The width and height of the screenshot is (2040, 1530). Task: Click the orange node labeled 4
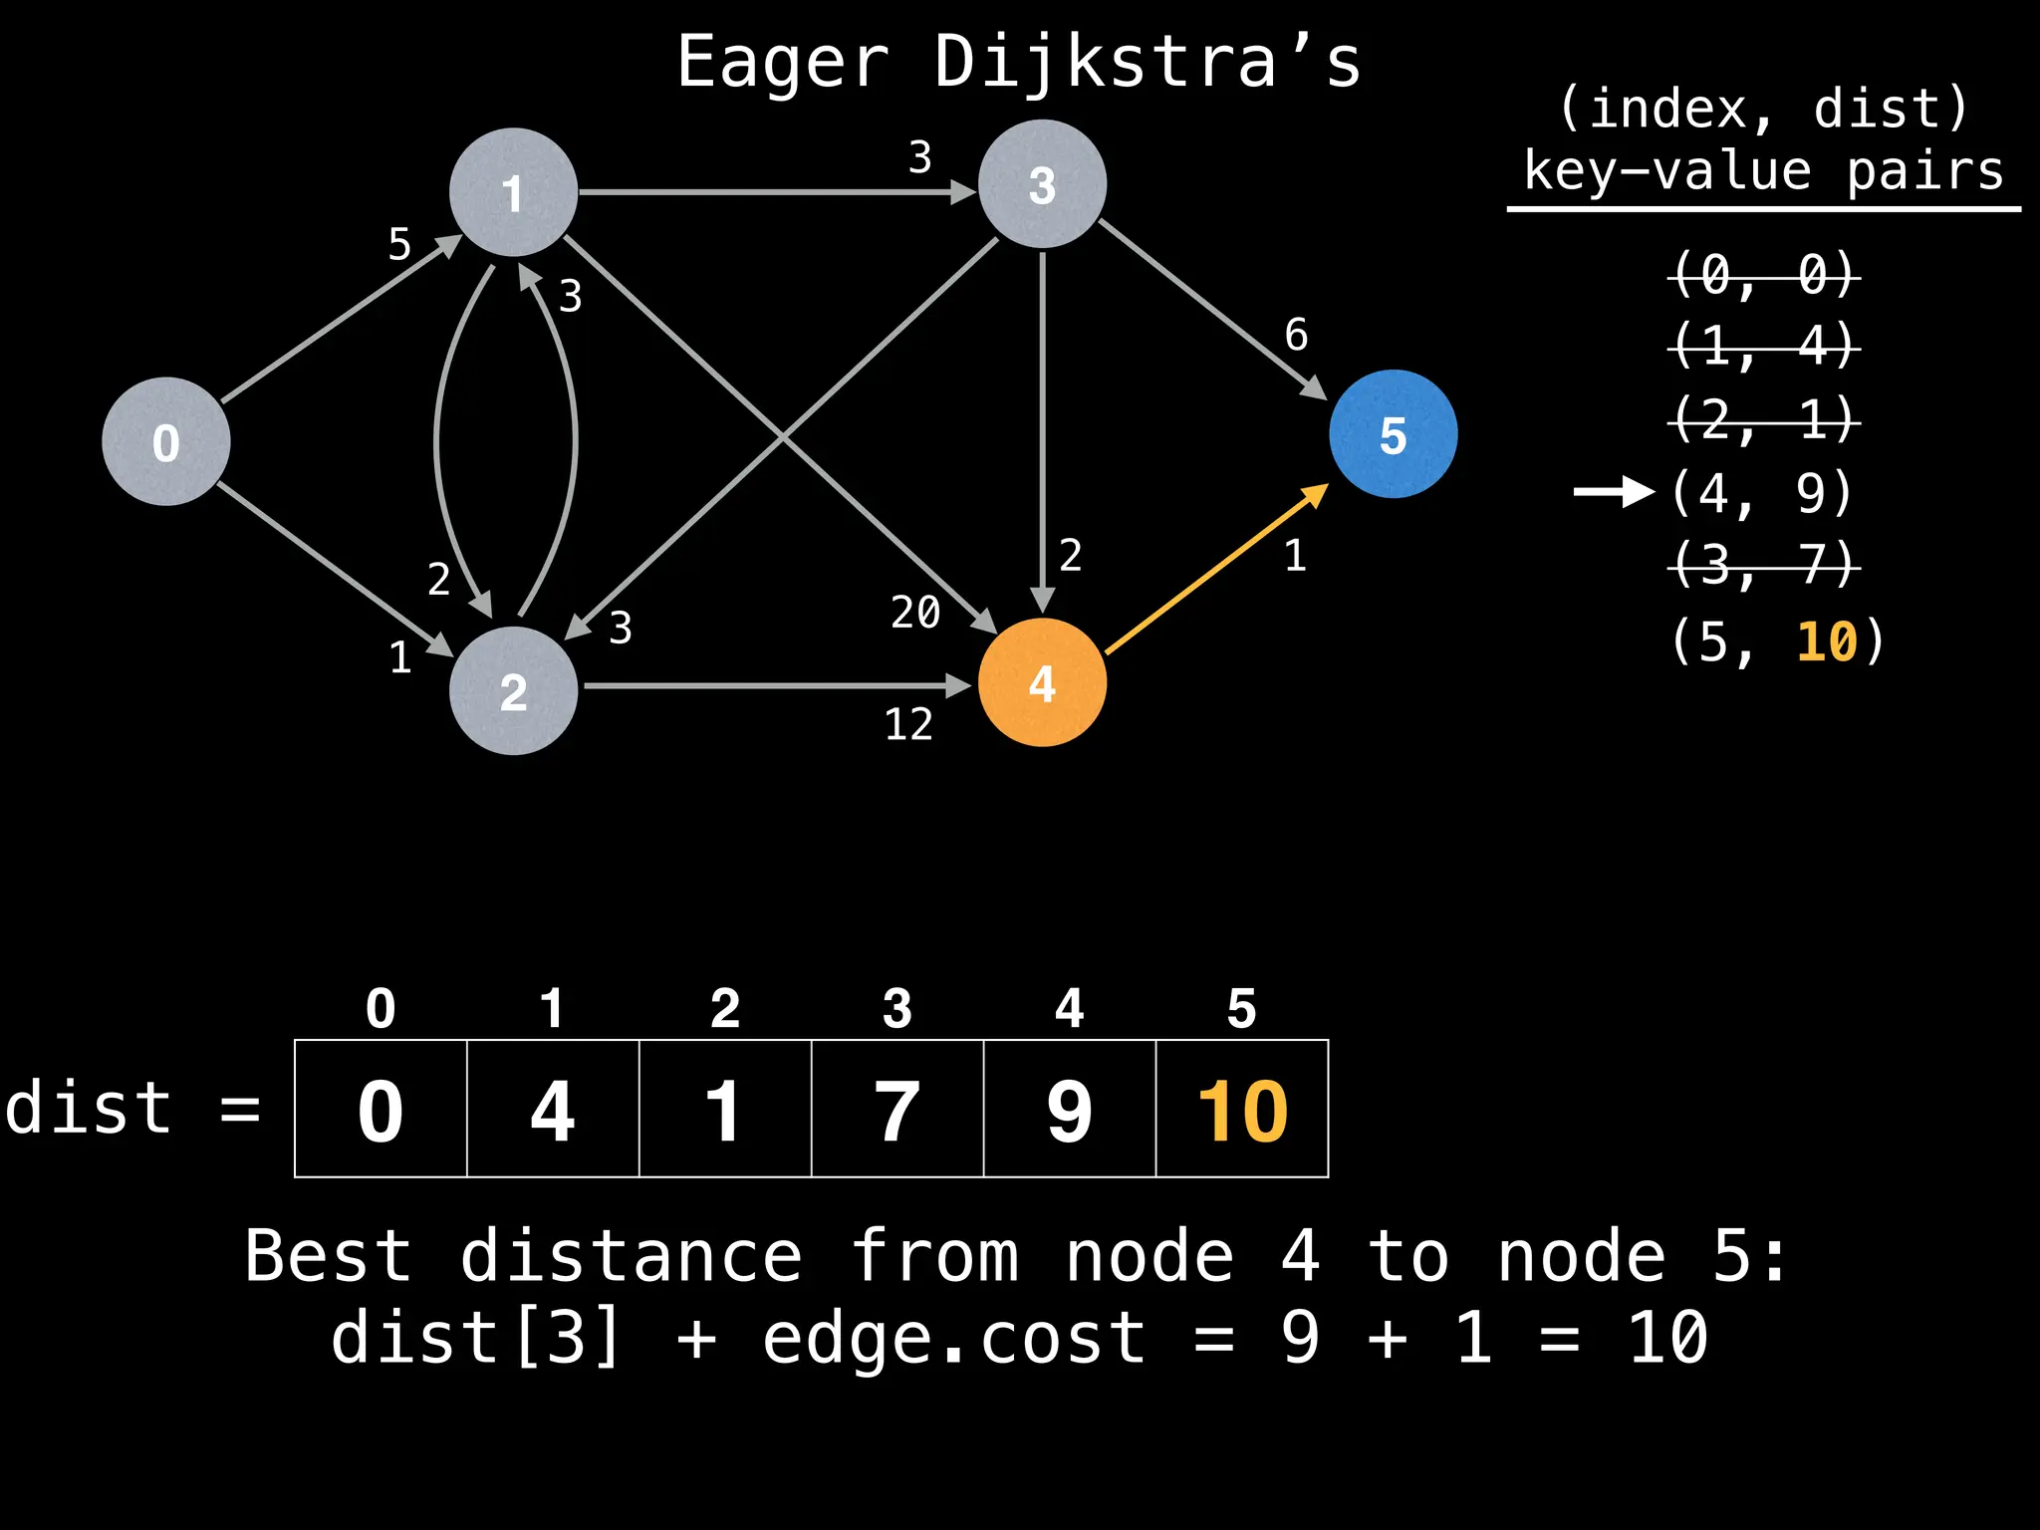click(x=1042, y=683)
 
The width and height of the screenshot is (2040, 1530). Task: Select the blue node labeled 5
click(x=1393, y=434)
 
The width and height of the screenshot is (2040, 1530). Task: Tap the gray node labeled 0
click(x=166, y=441)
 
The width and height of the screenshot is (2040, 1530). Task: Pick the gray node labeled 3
click(x=1042, y=184)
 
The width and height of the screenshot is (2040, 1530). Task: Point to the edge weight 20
click(x=915, y=612)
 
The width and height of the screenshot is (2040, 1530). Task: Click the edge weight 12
click(x=908, y=724)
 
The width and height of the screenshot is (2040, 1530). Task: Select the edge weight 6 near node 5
click(x=1296, y=335)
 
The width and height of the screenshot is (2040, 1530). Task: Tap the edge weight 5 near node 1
click(x=399, y=244)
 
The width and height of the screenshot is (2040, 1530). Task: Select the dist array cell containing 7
click(x=897, y=1109)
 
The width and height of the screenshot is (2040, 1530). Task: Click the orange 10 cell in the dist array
click(x=1242, y=1109)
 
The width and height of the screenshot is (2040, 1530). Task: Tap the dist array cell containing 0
click(x=381, y=1109)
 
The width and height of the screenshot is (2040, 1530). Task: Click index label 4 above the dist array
click(x=1069, y=1008)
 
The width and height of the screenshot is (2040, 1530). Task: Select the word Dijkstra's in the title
click(x=1147, y=62)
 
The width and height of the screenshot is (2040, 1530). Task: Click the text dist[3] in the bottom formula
click(x=476, y=1337)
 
